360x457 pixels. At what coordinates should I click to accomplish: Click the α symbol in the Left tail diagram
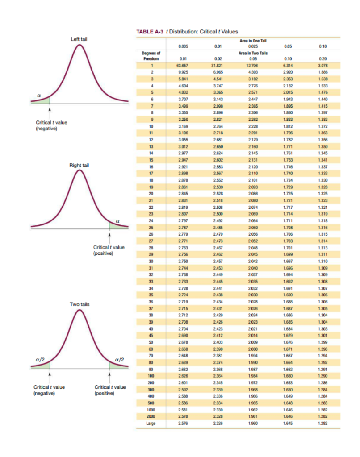pos(40,94)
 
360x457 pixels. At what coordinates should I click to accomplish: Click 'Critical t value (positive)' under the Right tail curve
pos(109,250)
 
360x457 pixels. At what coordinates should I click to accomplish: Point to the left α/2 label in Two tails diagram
pos(39,360)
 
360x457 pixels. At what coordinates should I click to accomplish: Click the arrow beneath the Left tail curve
pos(50,110)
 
